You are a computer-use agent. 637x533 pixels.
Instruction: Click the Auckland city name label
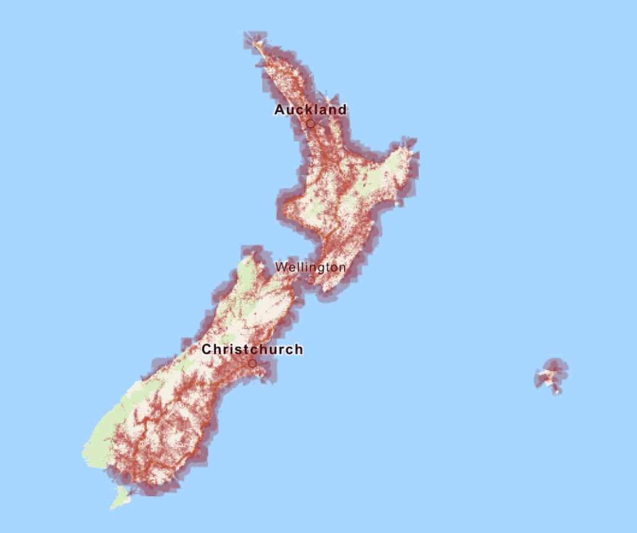point(310,110)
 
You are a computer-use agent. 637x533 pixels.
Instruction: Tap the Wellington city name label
point(310,267)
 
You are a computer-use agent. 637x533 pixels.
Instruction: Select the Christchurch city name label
point(252,350)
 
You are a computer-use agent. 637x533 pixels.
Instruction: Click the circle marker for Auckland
point(310,124)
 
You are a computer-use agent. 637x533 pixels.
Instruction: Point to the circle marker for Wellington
point(310,280)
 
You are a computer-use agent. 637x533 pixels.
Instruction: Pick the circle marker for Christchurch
point(252,363)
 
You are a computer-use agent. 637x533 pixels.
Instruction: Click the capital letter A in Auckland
point(279,110)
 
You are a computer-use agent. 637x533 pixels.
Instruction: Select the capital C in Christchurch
point(207,350)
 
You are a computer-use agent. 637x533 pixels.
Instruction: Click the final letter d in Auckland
point(342,110)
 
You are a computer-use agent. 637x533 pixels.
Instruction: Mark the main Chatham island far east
point(549,374)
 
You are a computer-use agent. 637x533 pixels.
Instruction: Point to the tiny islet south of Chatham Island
point(557,391)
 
